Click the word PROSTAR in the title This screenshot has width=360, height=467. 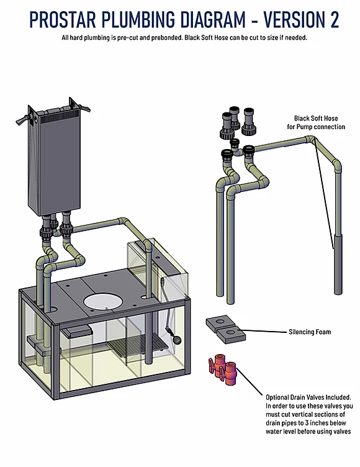tap(63, 20)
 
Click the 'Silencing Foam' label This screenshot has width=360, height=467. tap(310, 332)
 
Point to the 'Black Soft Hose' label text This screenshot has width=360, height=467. tap(316, 118)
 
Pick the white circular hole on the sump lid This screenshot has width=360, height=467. tap(103, 302)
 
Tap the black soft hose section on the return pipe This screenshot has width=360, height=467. tap(338, 264)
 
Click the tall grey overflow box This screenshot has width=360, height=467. tap(54, 160)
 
